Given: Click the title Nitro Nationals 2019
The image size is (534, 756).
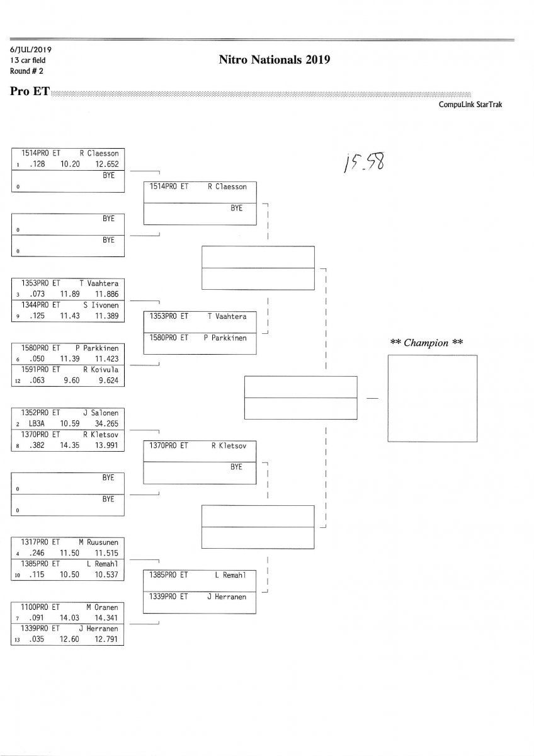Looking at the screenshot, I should tap(275, 60).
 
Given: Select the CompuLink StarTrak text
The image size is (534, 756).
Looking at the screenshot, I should tap(470, 105).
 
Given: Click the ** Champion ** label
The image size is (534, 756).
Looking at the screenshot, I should tap(427, 343).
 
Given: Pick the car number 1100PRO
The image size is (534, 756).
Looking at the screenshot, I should tap(36, 607).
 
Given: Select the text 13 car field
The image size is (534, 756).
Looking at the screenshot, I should tap(28, 60).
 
